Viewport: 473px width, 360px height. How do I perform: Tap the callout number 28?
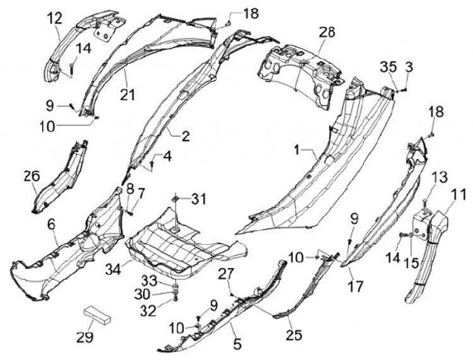click(327, 32)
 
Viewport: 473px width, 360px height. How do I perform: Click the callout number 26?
click(32, 176)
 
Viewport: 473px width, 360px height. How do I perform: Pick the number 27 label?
click(225, 272)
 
